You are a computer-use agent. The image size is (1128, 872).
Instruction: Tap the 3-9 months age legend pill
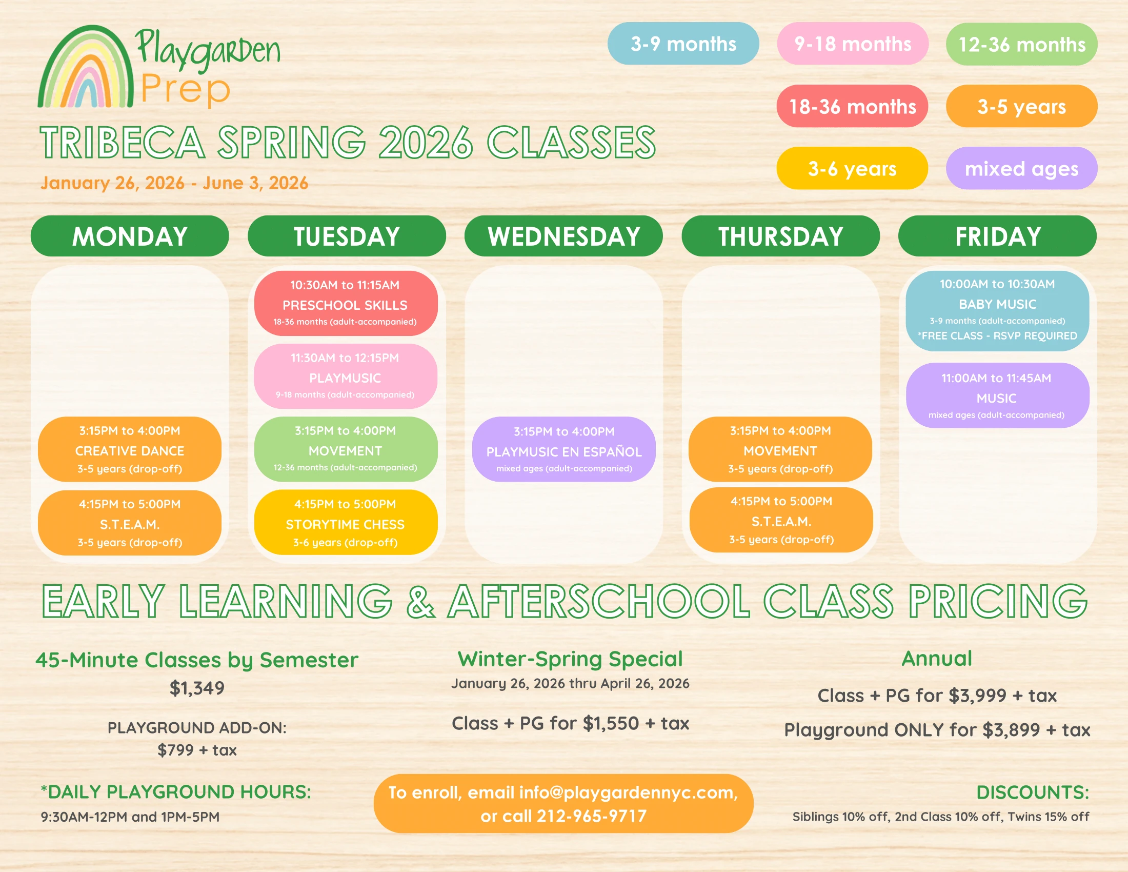(x=683, y=44)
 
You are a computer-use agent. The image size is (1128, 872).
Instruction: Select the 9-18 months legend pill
(x=852, y=44)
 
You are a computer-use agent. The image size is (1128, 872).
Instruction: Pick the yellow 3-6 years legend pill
(x=852, y=168)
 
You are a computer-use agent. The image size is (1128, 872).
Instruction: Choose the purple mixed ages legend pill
(x=1021, y=168)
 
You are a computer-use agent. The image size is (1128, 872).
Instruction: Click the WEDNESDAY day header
(x=563, y=236)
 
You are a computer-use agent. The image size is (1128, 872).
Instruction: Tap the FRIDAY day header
(x=997, y=236)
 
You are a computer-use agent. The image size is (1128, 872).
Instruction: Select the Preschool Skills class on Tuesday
(x=346, y=303)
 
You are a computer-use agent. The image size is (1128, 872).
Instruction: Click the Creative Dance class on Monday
(x=130, y=449)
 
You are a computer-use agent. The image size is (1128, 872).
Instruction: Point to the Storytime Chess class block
(x=346, y=522)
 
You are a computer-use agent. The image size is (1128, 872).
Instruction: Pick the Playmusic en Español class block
(x=563, y=449)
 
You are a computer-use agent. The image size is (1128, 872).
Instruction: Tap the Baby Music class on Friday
(x=997, y=311)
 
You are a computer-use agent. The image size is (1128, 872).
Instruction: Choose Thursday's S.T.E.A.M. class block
(x=781, y=520)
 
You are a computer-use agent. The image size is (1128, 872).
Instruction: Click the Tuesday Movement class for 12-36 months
(x=346, y=449)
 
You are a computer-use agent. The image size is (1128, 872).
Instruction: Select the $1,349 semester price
(x=197, y=688)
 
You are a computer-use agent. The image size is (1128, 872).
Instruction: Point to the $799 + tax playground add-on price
(x=197, y=750)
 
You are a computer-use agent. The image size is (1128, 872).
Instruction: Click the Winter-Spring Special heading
(x=570, y=659)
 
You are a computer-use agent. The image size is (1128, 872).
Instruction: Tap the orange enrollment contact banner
(x=563, y=804)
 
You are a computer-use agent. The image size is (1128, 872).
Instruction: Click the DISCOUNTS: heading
(x=1033, y=792)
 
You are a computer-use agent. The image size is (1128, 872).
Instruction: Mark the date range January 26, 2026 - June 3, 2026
(x=174, y=183)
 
